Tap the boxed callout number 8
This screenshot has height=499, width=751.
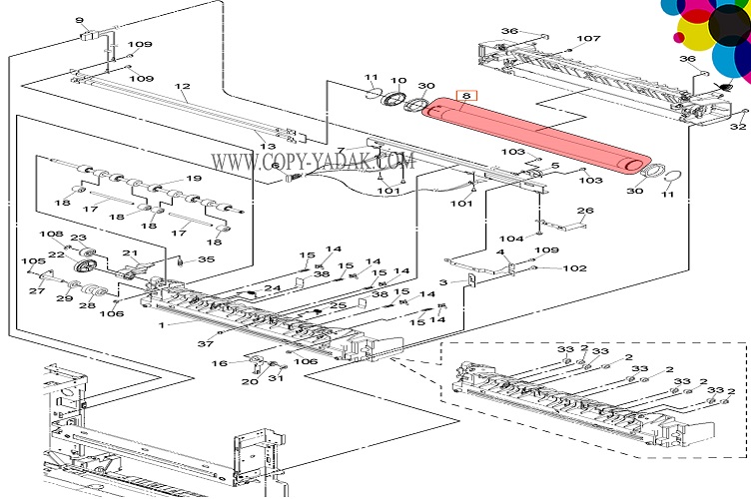click(x=465, y=98)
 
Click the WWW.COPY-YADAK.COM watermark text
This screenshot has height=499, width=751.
click(x=311, y=161)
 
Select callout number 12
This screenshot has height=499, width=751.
click(x=182, y=88)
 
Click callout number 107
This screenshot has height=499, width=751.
click(x=588, y=40)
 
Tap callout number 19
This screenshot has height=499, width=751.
click(x=193, y=179)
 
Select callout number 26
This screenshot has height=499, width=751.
click(x=585, y=211)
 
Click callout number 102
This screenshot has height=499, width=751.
click(x=574, y=267)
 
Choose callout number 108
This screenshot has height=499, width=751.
click(x=51, y=235)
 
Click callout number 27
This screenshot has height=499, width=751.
click(x=36, y=291)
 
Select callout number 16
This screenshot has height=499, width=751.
click(x=222, y=363)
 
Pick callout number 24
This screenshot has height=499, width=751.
click(x=272, y=288)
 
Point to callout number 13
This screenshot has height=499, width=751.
click(x=268, y=147)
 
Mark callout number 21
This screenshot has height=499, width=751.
click(x=130, y=252)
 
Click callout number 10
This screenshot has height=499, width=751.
click(x=397, y=81)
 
